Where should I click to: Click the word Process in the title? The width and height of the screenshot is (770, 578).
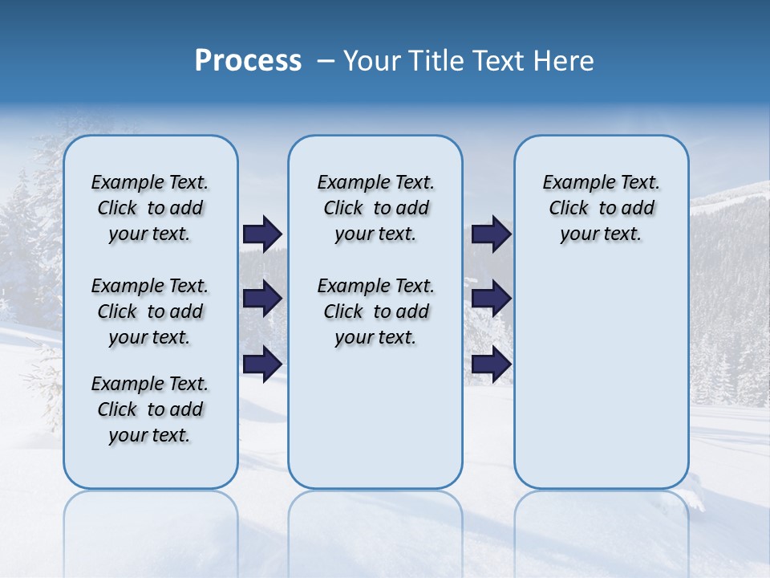(248, 61)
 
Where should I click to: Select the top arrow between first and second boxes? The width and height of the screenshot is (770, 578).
(262, 234)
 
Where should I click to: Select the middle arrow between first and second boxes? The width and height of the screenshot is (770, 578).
(262, 299)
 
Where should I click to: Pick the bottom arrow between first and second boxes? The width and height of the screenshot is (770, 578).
(262, 364)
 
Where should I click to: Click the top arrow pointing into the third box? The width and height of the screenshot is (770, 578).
(491, 234)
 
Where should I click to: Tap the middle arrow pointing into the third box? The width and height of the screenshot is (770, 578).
(491, 299)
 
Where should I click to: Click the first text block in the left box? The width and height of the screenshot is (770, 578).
(150, 208)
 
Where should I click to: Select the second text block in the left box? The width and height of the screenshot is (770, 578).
(150, 311)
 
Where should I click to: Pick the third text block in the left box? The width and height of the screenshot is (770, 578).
(150, 409)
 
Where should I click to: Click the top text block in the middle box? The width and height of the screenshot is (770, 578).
(375, 208)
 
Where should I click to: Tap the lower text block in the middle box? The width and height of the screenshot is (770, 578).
(375, 311)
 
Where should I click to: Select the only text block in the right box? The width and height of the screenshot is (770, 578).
(601, 208)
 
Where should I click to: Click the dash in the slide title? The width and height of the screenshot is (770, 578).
(326, 61)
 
